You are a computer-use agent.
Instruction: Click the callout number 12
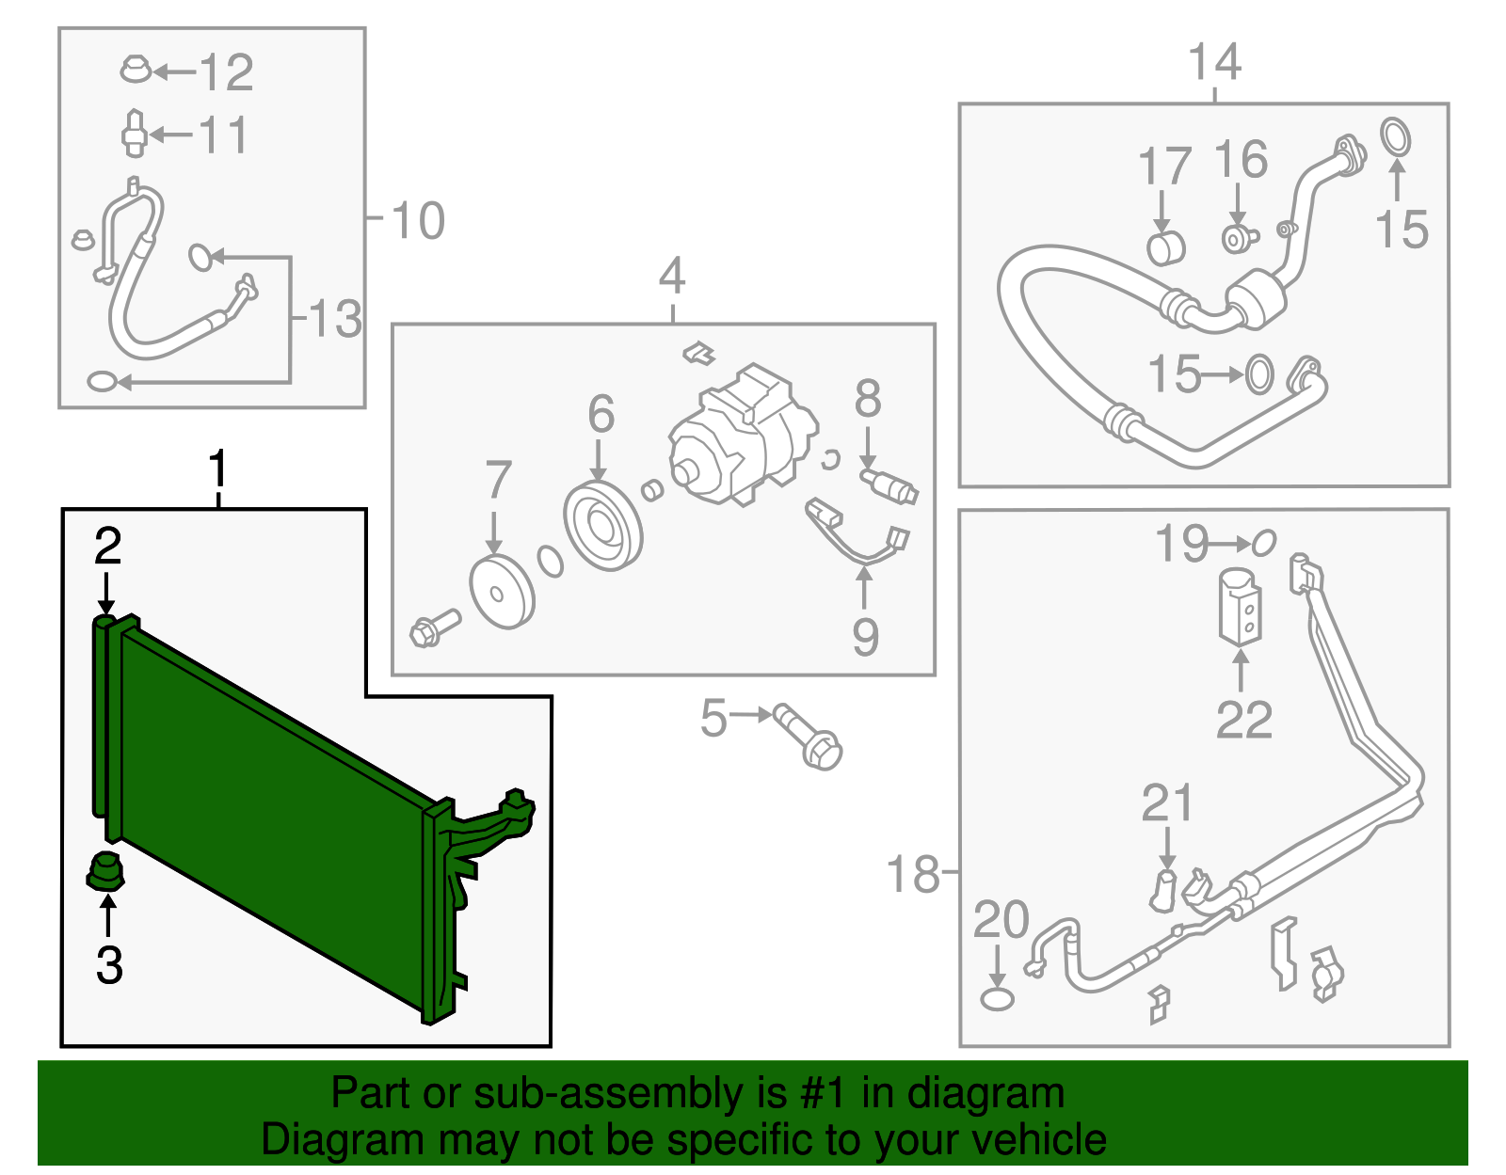click(227, 72)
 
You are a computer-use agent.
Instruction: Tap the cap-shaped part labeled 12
click(136, 70)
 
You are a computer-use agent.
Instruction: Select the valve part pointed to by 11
click(134, 135)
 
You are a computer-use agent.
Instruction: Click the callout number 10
click(417, 221)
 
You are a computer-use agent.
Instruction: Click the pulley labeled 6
click(603, 526)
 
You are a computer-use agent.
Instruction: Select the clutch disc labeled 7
click(502, 592)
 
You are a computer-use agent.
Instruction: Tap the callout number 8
click(868, 399)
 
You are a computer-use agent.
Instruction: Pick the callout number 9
click(865, 637)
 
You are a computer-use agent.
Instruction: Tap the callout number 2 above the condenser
click(107, 547)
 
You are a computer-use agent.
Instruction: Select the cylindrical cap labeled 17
click(1165, 248)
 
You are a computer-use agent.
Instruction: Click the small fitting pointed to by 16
click(1237, 237)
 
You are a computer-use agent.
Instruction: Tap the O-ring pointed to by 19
click(1263, 543)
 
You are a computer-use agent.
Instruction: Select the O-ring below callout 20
click(997, 999)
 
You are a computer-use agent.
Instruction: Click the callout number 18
click(913, 874)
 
